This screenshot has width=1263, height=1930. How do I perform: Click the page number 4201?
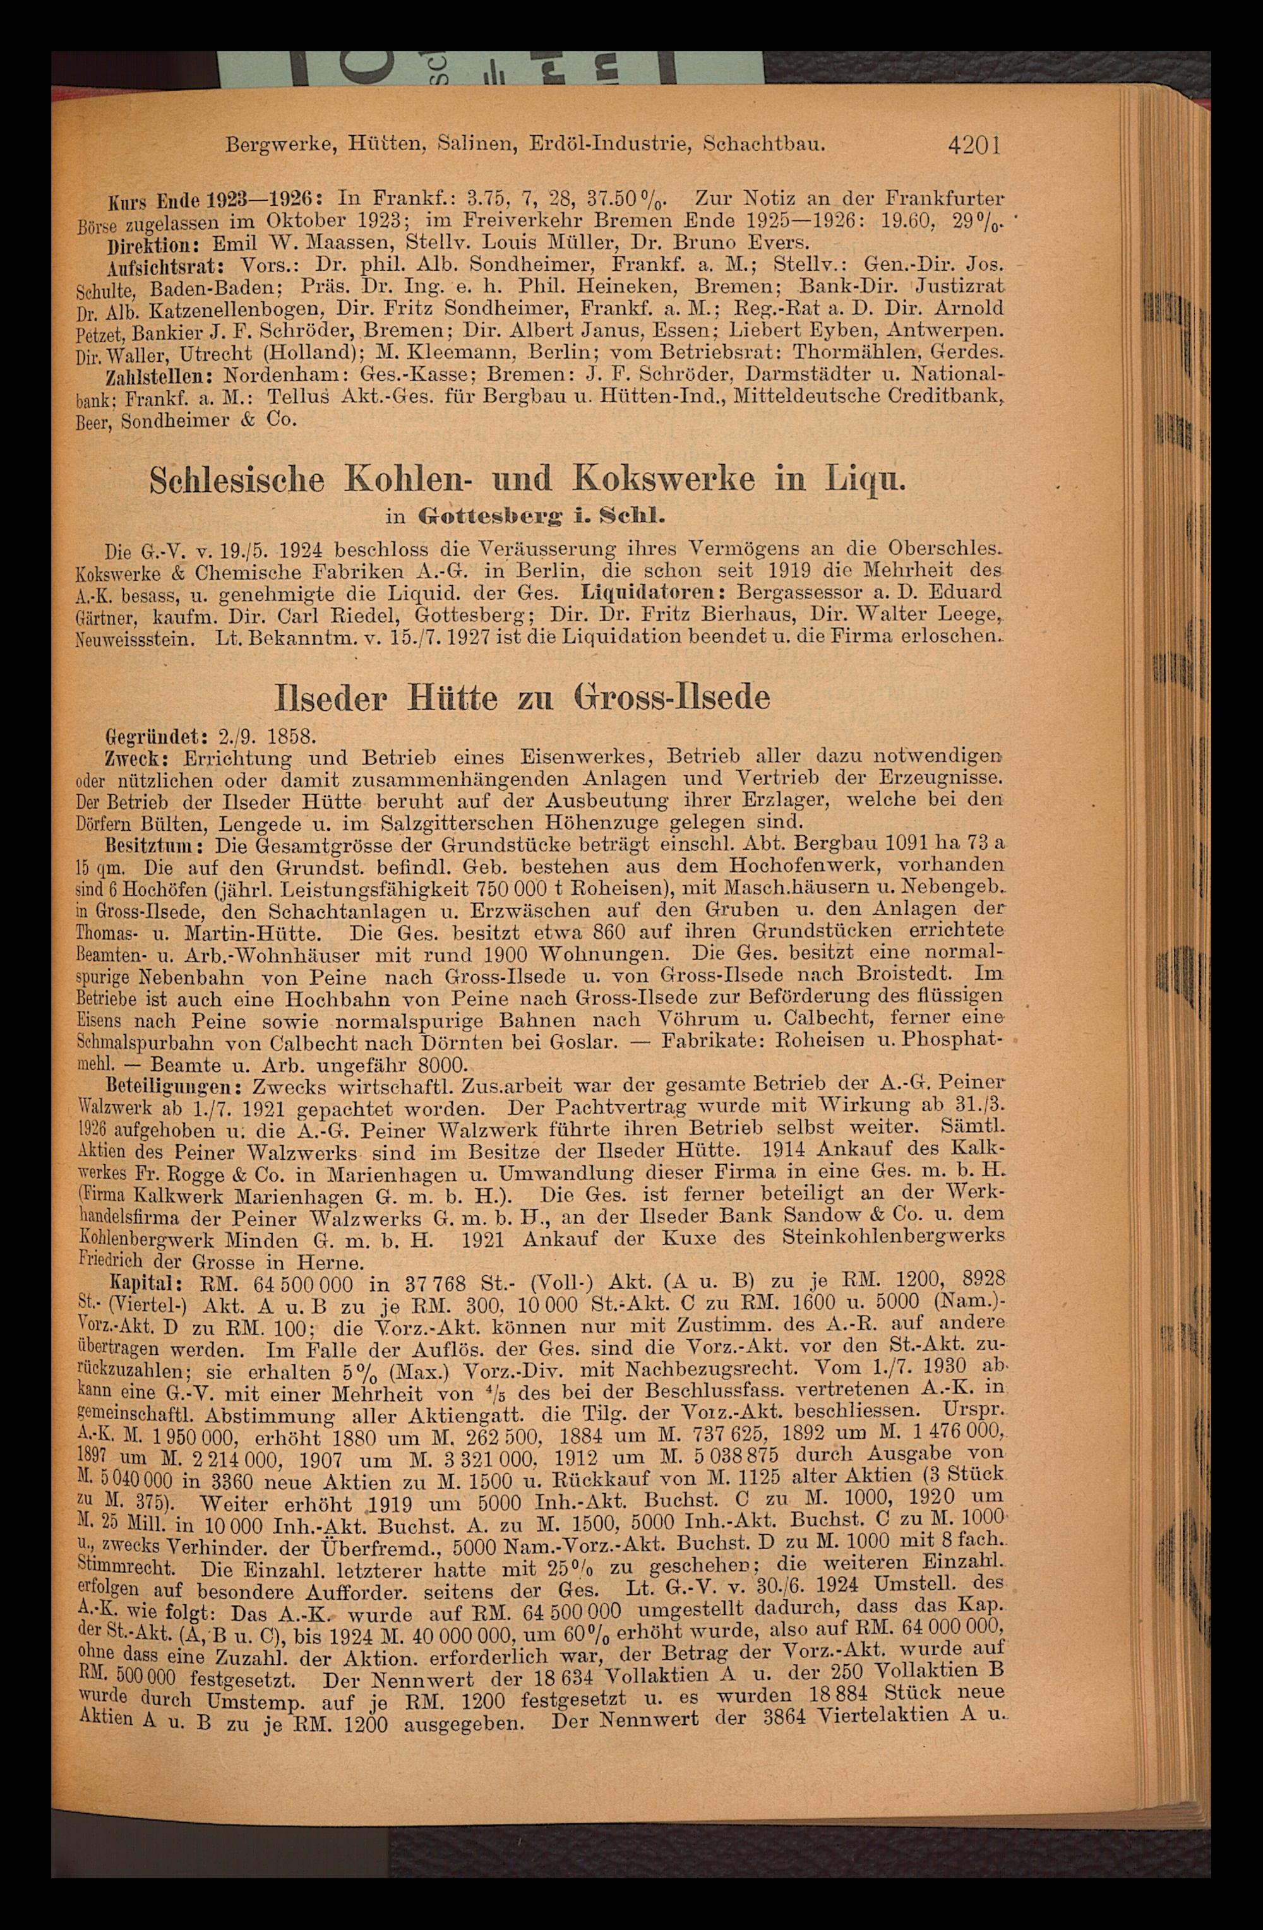(972, 146)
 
